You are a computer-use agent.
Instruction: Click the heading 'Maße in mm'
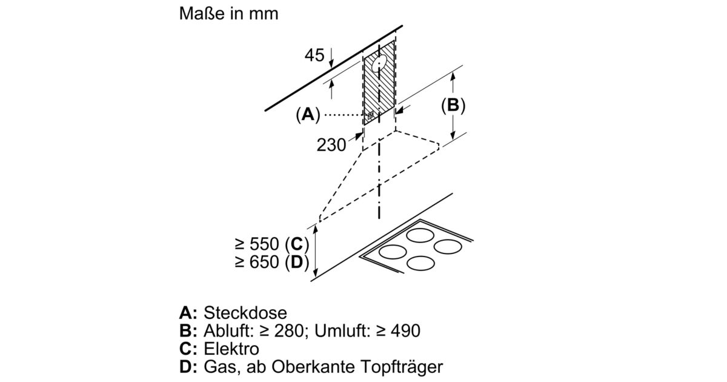228,15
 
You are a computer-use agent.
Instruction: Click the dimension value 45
314,56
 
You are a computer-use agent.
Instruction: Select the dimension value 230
331,144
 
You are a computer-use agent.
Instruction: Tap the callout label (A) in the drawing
308,114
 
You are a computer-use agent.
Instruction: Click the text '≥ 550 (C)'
272,244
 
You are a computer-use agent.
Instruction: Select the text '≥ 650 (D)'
272,263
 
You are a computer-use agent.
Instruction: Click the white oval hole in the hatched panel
380,64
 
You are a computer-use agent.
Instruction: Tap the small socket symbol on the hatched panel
370,114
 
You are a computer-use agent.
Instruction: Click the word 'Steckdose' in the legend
245,313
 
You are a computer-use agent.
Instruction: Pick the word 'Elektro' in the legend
231,349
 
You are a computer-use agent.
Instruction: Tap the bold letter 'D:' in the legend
189,367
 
